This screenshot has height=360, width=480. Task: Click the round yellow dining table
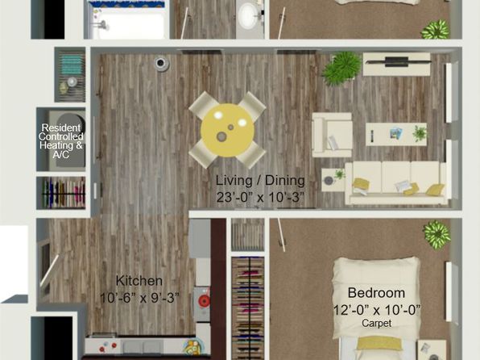(227, 131)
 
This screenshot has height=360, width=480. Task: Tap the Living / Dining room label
(260, 181)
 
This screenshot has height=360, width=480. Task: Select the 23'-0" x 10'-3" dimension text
(260, 197)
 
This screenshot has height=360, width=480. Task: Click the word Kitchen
(139, 281)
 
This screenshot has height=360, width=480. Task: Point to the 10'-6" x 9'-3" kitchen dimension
(139, 298)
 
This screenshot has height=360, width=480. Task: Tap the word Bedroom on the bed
(376, 293)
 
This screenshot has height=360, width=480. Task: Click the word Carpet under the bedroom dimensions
(377, 323)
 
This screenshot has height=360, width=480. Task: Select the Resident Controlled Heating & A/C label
(61, 141)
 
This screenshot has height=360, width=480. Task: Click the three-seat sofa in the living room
(396, 182)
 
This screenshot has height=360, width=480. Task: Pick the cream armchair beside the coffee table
(332, 135)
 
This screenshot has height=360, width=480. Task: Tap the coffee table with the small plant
(396, 135)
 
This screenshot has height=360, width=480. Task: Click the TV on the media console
(397, 61)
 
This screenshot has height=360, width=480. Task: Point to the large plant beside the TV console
(341, 68)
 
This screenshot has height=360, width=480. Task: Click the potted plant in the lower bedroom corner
(437, 234)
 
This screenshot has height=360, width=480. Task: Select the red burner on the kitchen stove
(204, 301)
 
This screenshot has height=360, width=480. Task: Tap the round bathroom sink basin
(249, 15)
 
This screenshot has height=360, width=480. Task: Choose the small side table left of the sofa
(333, 180)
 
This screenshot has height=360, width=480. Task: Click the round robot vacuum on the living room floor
(161, 64)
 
